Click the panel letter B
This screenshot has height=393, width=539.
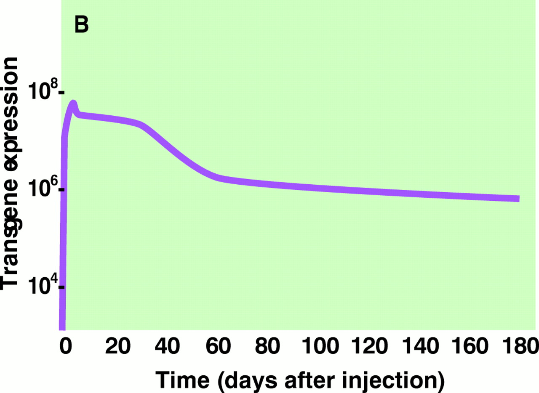pos(81,25)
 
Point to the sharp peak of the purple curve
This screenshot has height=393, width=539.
pos(73,103)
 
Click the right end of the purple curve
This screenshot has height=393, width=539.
pos(518,199)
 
